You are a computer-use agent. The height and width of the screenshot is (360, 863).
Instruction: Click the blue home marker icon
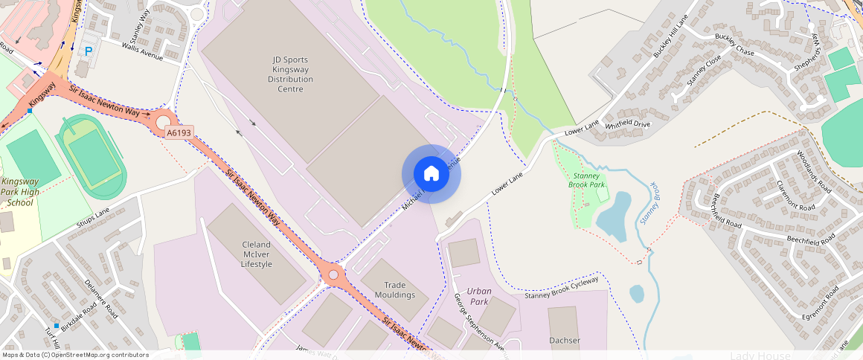pyautogui.click(x=431, y=174)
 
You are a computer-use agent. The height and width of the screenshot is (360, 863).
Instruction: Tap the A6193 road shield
pyautogui.click(x=179, y=132)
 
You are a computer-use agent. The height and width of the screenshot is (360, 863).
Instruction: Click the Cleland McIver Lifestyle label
pyautogui.click(x=257, y=254)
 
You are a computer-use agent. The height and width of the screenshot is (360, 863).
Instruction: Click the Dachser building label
pyautogui.click(x=565, y=341)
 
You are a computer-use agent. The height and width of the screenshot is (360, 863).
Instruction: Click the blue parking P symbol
pyautogui.click(x=89, y=51)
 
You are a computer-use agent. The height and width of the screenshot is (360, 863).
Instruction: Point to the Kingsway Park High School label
pyautogui.click(x=21, y=192)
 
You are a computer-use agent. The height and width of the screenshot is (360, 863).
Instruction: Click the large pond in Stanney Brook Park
pyautogui.click(x=614, y=216)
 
